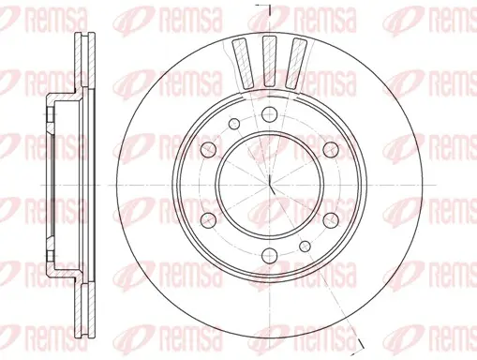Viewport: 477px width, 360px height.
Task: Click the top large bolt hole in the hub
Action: (x=269, y=114)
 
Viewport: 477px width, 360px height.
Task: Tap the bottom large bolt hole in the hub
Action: (x=270, y=256)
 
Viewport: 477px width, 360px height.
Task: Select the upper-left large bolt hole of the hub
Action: (x=208, y=150)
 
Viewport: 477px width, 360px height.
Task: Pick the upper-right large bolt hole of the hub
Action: (x=331, y=150)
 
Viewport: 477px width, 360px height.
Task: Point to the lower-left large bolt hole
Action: (x=208, y=220)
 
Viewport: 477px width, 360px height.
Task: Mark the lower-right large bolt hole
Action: (x=331, y=220)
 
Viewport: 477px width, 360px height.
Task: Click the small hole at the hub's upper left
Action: (x=234, y=124)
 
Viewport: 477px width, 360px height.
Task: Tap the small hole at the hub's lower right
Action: (x=305, y=247)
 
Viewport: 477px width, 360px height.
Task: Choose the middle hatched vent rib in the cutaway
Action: (x=269, y=61)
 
